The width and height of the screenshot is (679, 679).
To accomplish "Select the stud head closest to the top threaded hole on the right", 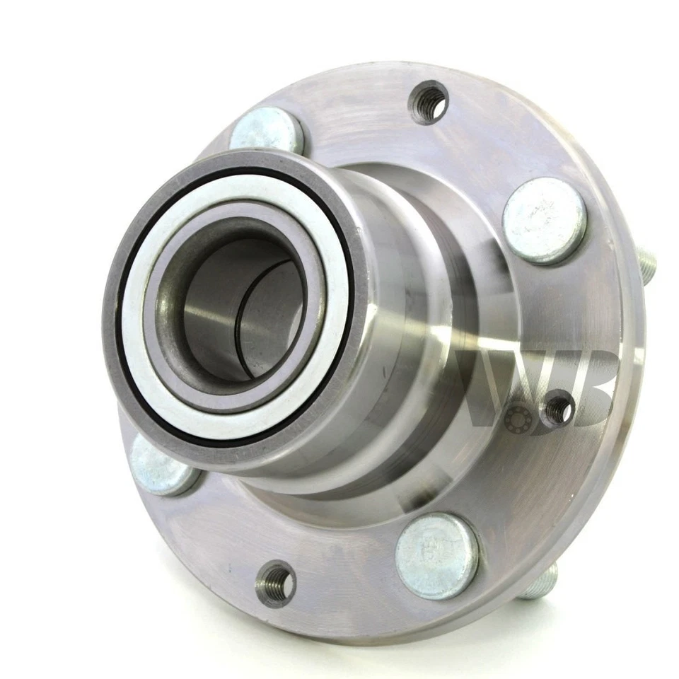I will coord(544,220).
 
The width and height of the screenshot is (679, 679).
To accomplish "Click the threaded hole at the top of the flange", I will coord(429,103).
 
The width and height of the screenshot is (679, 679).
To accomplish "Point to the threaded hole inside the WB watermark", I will coord(559,408).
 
